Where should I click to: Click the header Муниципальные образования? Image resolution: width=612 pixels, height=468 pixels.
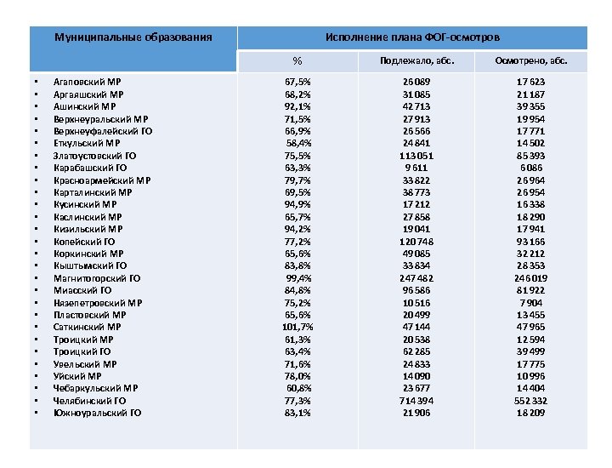[x=133, y=38]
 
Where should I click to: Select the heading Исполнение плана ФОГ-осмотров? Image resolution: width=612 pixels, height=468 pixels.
[x=413, y=38]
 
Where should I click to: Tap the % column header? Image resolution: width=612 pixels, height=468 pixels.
[x=297, y=61]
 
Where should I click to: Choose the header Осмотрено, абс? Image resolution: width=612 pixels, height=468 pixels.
[x=531, y=61]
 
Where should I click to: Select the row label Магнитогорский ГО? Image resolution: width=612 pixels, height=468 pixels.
[x=96, y=278]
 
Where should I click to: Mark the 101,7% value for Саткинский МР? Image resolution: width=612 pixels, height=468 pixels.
[x=297, y=327]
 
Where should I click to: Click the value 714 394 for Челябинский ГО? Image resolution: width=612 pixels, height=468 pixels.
[x=416, y=401]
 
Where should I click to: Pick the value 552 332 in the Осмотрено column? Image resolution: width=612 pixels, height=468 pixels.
[x=530, y=401]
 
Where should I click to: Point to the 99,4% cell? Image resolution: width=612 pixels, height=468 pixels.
[x=298, y=278]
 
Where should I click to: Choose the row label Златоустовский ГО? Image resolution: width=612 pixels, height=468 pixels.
[x=95, y=156]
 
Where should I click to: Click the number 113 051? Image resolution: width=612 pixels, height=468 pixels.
[x=416, y=156]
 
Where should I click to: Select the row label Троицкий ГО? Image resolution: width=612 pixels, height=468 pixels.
[x=82, y=351]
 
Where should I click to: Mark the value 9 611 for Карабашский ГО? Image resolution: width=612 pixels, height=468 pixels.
[x=416, y=168]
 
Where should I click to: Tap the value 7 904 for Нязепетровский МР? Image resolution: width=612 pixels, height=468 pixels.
[x=530, y=302]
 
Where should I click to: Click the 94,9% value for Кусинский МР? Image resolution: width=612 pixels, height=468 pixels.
[x=297, y=204]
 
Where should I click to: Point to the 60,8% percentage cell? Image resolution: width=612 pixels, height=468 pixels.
[x=298, y=388]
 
